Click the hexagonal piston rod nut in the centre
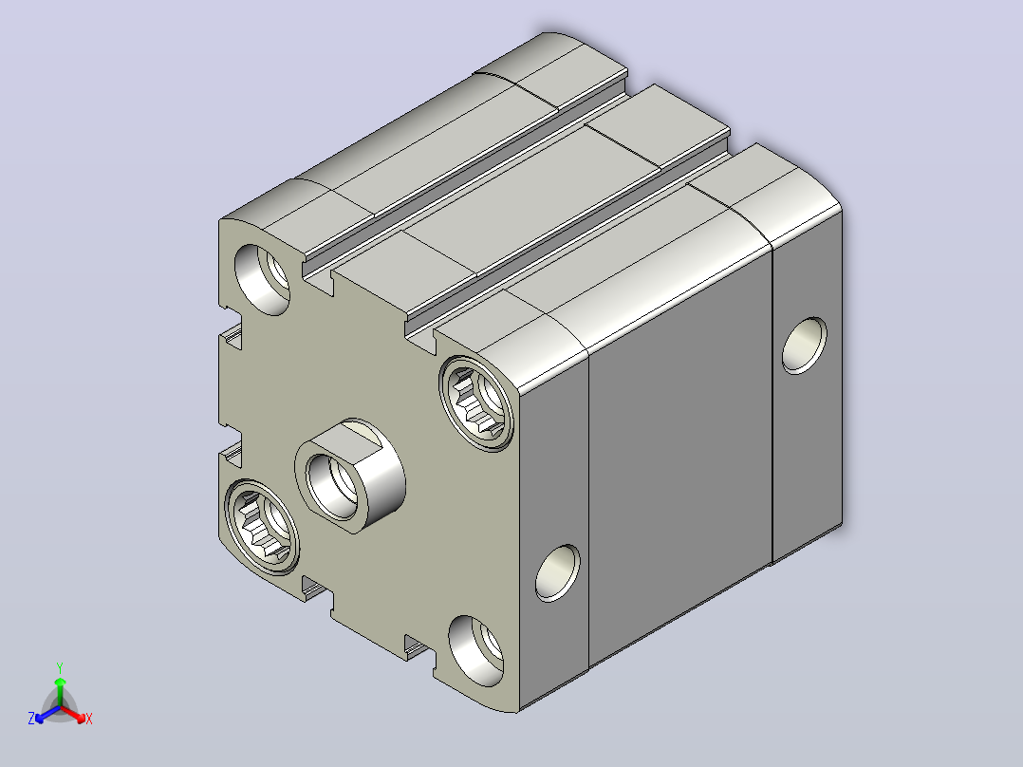(350, 476)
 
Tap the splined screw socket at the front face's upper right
(476, 403)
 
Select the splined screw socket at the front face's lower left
(262, 527)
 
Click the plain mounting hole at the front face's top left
(262, 279)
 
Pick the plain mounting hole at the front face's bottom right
(476, 650)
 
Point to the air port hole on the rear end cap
(805, 346)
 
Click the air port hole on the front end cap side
(557, 572)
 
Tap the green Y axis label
(60, 667)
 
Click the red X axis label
(89, 719)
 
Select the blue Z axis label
(31, 719)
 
